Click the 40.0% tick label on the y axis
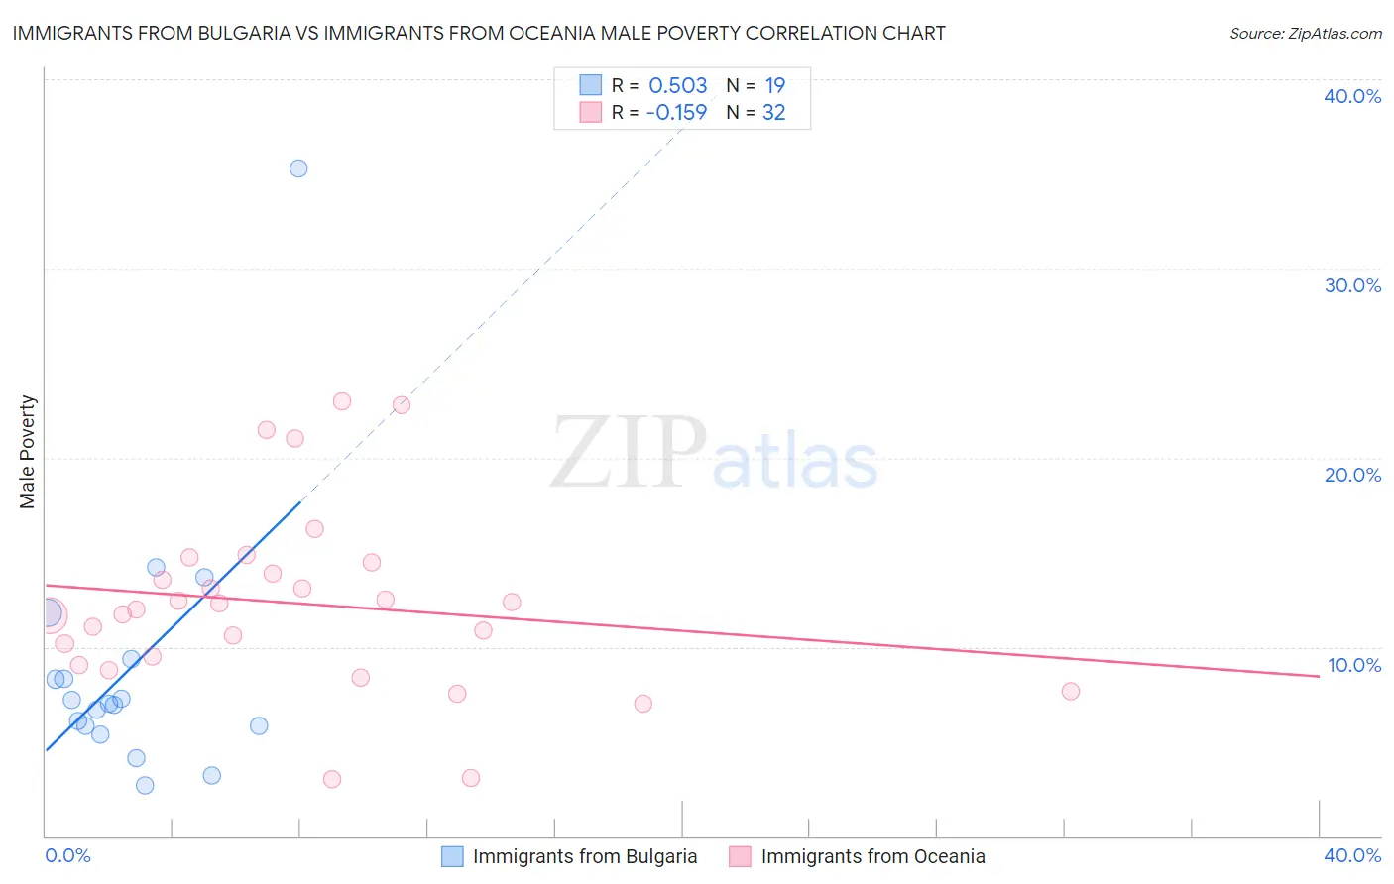pos(1351,96)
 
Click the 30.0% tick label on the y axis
pos(1351,285)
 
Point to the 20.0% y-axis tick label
pos(1351,475)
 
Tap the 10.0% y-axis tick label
pos(1353,665)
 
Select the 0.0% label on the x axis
pos(67,855)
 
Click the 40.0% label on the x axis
pos(1351,855)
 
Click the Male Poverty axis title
pos(27,452)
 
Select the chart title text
pos(479,33)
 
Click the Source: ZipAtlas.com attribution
pos(1305,33)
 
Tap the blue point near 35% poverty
pos(298,168)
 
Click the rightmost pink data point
pos(1070,691)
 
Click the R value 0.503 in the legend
pos(677,85)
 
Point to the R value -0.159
pos(676,112)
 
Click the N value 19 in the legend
pos(774,85)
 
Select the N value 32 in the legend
pos(773,112)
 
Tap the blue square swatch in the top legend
pos(590,85)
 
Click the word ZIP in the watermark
pos(628,453)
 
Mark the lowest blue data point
pos(145,785)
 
